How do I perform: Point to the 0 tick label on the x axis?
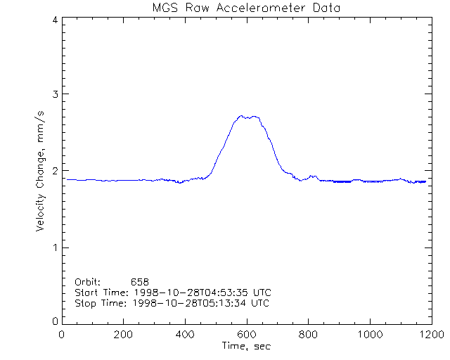click(62, 334)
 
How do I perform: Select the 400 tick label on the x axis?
click(185, 334)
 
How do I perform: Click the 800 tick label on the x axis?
click(308, 334)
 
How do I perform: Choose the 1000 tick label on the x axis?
click(369, 334)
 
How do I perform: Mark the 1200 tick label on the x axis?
click(430, 334)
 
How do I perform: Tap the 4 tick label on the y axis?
click(54, 20)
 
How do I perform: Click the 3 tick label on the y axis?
click(54, 94)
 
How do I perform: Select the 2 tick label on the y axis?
click(54, 171)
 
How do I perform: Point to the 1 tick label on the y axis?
click(54, 247)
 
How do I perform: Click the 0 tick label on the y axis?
click(54, 321)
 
